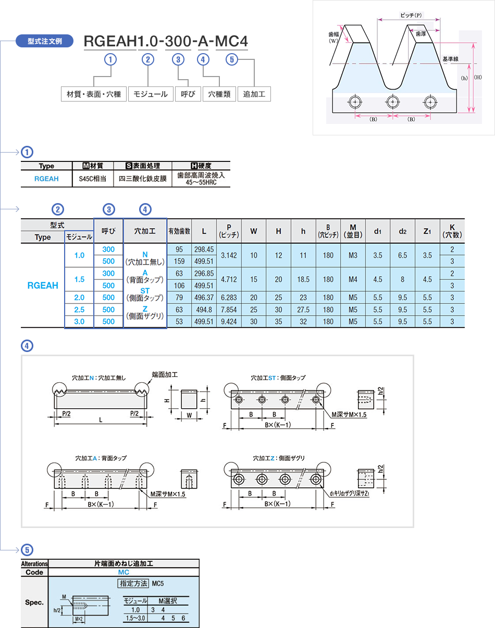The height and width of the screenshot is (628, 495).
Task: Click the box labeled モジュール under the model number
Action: [x=151, y=94]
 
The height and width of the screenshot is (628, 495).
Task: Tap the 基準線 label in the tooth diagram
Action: [x=450, y=59]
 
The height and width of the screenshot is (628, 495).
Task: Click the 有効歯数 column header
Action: [x=179, y=231]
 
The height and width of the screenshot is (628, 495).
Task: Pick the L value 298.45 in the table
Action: [x=204, y=249]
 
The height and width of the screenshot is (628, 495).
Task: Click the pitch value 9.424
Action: [x=229, y=322]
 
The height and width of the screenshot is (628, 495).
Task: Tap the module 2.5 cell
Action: [x=79, y=310]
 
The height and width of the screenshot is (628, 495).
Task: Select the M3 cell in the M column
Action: [x=353, y=256]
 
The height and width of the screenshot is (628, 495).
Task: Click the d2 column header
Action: [x=402, y=231]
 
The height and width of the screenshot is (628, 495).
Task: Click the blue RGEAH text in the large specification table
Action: [x=43, y=285]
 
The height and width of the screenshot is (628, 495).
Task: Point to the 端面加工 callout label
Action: [x=165, y=374]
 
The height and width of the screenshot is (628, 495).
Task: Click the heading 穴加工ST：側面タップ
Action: [x=278, y=378]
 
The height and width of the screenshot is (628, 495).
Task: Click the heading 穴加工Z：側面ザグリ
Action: [x=279, y=458]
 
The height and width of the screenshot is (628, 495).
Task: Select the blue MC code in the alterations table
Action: [x=123, y=572]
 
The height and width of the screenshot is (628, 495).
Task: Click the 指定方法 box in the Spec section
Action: [x=134, y=583]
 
